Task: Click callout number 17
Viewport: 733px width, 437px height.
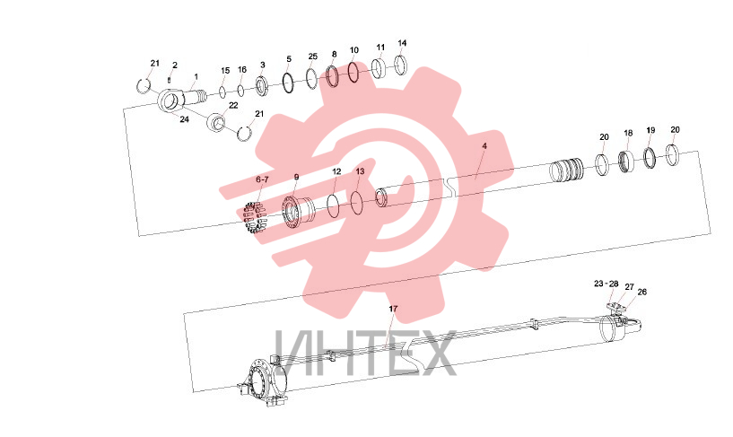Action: pos(393,309)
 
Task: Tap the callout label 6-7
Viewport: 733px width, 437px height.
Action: pos(262,179)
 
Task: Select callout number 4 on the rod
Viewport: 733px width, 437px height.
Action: pos(484,146)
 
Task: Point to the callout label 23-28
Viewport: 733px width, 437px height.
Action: pos(606,284)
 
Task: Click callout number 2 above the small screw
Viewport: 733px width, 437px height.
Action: pos(175,66)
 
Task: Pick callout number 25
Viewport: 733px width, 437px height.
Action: pos(313,57)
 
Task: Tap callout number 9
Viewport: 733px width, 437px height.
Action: pos(296,177)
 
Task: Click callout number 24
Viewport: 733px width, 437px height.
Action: pos(184,119)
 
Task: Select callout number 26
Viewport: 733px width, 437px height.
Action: pos(641,292)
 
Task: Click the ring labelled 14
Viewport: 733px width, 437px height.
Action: pos(401,65)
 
